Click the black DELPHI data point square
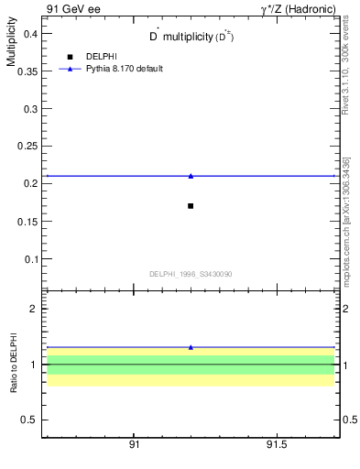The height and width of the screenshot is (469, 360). click(x=191, y=206)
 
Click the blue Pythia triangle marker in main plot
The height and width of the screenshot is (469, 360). click(x=191, y=175)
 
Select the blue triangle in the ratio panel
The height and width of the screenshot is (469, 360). click(x=191, y=347)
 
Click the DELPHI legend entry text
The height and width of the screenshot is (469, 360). click(x=101, y=57)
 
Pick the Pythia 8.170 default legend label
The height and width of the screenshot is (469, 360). click(x=125, y=69)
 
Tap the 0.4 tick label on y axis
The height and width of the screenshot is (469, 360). click(x=28, y=33)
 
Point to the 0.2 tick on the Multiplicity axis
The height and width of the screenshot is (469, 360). click(x=28, y=183)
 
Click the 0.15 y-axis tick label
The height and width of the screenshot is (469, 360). click(x=26, y=221)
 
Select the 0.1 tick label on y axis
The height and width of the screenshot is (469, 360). click(x=28, y=259)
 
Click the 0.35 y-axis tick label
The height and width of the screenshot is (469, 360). click(x=26, y=71)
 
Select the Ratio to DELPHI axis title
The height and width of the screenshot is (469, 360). click(x=14, y=364)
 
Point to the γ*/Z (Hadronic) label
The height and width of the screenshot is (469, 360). click(x=299, y=9)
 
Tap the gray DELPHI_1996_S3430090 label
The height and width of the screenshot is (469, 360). click(x=191, y=273)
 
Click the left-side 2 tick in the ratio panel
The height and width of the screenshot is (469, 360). click(x=34, y=309)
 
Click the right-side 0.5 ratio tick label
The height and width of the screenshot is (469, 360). click(x=350, y=420)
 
